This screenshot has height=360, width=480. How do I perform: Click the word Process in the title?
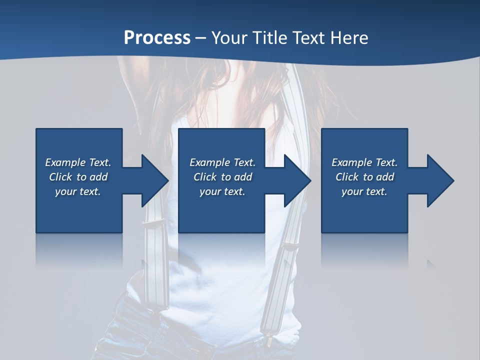tap(157, 38)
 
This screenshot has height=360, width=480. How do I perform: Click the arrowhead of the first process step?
tap(154, 180)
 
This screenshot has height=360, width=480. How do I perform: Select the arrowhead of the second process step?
tap(297, 180)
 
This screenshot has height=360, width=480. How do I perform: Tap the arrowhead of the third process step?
tap(440, 180)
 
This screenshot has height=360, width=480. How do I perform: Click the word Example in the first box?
tap(65, 162)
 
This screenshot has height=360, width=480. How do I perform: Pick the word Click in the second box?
tap(204, 177)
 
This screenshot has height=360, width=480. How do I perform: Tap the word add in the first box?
tap(99, 177)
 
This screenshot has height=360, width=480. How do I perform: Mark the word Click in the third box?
tap(347, 177)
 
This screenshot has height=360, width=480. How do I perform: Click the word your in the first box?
tap(66, 191)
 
